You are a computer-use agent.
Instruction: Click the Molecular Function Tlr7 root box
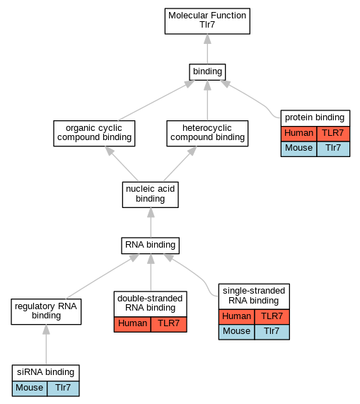pos(207,21)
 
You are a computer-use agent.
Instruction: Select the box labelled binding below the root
pos(207,72)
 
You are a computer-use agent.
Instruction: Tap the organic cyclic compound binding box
pos(94,133)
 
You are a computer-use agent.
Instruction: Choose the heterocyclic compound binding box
pos(207,133)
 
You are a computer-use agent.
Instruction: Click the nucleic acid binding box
pos(151,195)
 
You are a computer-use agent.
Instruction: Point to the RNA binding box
pos(151,246)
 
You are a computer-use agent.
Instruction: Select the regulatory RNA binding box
pos(46,311)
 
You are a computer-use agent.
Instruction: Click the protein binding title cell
pos(315,118)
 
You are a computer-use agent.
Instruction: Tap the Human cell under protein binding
pos(298,134)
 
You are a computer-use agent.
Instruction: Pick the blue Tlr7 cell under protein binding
pos(333,149)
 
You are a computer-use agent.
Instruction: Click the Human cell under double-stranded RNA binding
pos(132,324)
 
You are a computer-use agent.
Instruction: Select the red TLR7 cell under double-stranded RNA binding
pos(168,324)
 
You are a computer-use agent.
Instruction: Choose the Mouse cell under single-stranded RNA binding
pos(236,332)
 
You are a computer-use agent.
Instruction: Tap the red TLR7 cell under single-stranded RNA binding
pos(272,317)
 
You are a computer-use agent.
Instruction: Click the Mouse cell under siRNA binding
pos(30,388)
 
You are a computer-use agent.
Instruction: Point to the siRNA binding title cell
pos(45,373)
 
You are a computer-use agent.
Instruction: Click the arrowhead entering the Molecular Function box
pos(207,39)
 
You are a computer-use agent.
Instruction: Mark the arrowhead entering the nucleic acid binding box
pos(151,212)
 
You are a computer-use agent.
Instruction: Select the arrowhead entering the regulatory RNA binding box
pos(46,330)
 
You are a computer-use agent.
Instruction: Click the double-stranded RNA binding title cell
pos(151,304)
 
